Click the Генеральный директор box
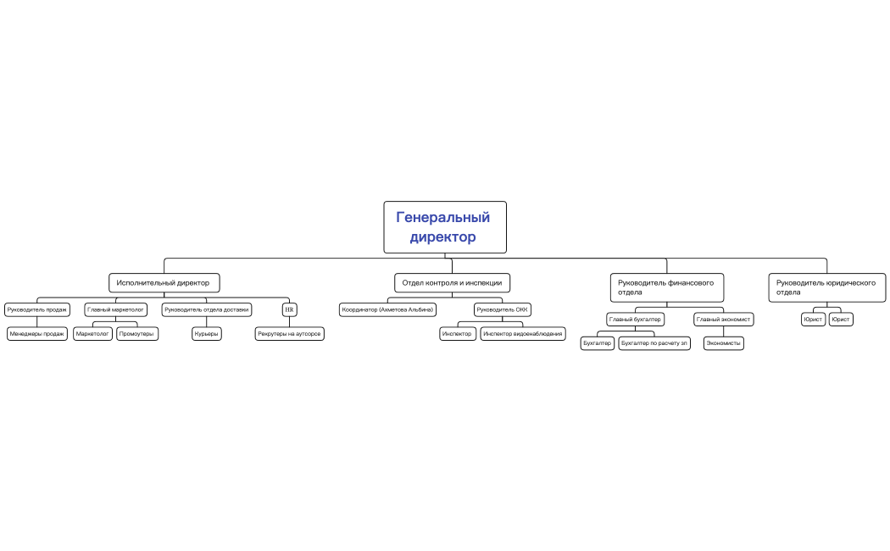(445, 227)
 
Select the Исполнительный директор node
(164, 282)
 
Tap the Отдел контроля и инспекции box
(452, 282)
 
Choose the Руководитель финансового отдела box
(667, 287)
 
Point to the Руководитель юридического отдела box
(827, 287)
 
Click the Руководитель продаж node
(37, 309)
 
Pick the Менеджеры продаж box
(37, 334)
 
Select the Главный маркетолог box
(116, 309)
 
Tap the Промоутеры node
(136, 334)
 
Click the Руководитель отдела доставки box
(207, 309)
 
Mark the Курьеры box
(207, 334)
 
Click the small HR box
(290, 309)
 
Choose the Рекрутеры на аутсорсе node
(290, 334)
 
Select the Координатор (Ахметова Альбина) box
(387, 309)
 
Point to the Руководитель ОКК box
(503, 309)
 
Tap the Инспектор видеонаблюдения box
(523, 334)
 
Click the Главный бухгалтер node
(635, 320)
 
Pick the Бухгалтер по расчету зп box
(654, 343)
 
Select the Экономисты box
(724, 343)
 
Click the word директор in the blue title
(442, 237)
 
